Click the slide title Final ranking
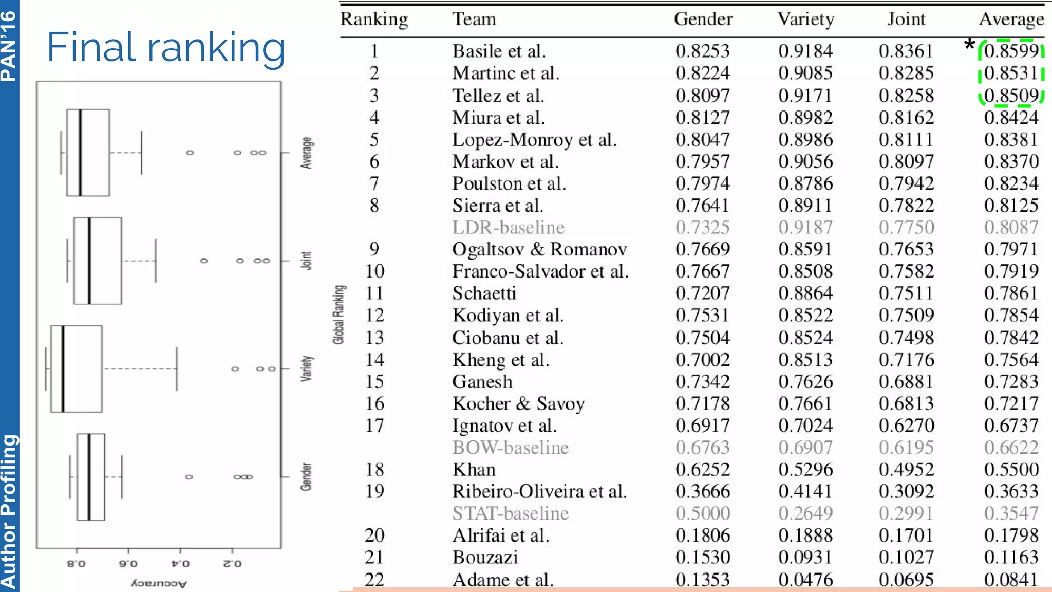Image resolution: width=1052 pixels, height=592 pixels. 165,48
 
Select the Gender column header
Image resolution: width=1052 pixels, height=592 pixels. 703,19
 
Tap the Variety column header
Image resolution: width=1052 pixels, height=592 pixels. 805,19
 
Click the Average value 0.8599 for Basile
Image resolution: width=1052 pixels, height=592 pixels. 1011,51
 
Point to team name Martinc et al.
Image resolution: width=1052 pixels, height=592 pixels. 505,73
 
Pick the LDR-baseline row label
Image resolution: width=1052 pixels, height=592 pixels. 508,227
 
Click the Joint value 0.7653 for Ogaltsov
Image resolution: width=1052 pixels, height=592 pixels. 906,249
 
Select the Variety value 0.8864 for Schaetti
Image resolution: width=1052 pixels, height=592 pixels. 805,293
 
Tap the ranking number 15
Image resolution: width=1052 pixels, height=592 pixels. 374,381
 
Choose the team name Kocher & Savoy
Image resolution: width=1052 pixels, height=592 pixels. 518,403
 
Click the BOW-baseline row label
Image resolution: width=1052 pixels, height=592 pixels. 510,447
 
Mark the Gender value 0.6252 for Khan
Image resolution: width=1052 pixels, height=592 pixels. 702,469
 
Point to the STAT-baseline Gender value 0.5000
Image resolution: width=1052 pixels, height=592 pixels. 702,513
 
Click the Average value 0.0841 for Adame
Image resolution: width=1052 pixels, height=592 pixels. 1011,580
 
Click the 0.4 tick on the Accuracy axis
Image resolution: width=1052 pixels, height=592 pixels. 180,563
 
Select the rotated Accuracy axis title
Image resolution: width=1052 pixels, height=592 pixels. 159,583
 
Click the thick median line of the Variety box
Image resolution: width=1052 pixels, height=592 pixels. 63,368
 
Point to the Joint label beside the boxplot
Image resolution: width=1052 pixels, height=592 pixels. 306,261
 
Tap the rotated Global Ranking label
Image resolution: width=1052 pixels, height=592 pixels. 339,314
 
